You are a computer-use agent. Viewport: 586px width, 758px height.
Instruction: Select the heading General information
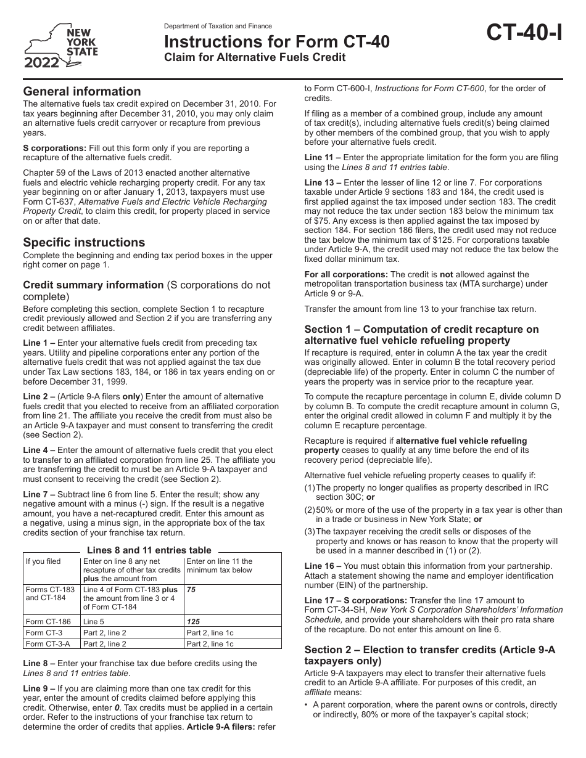tap(82, 91)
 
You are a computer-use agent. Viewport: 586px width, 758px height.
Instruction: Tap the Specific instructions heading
tap(84, 242)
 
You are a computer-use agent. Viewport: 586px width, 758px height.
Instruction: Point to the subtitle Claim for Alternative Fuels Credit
tap(254, 58)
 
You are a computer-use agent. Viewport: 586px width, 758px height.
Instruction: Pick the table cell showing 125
tap(193, 622)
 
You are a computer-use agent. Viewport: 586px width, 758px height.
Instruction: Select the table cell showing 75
tap(191, 589)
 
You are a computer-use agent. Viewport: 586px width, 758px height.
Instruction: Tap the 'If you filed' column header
tap(43, 561)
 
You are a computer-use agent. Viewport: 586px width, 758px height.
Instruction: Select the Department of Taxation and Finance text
tap(218, 26)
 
